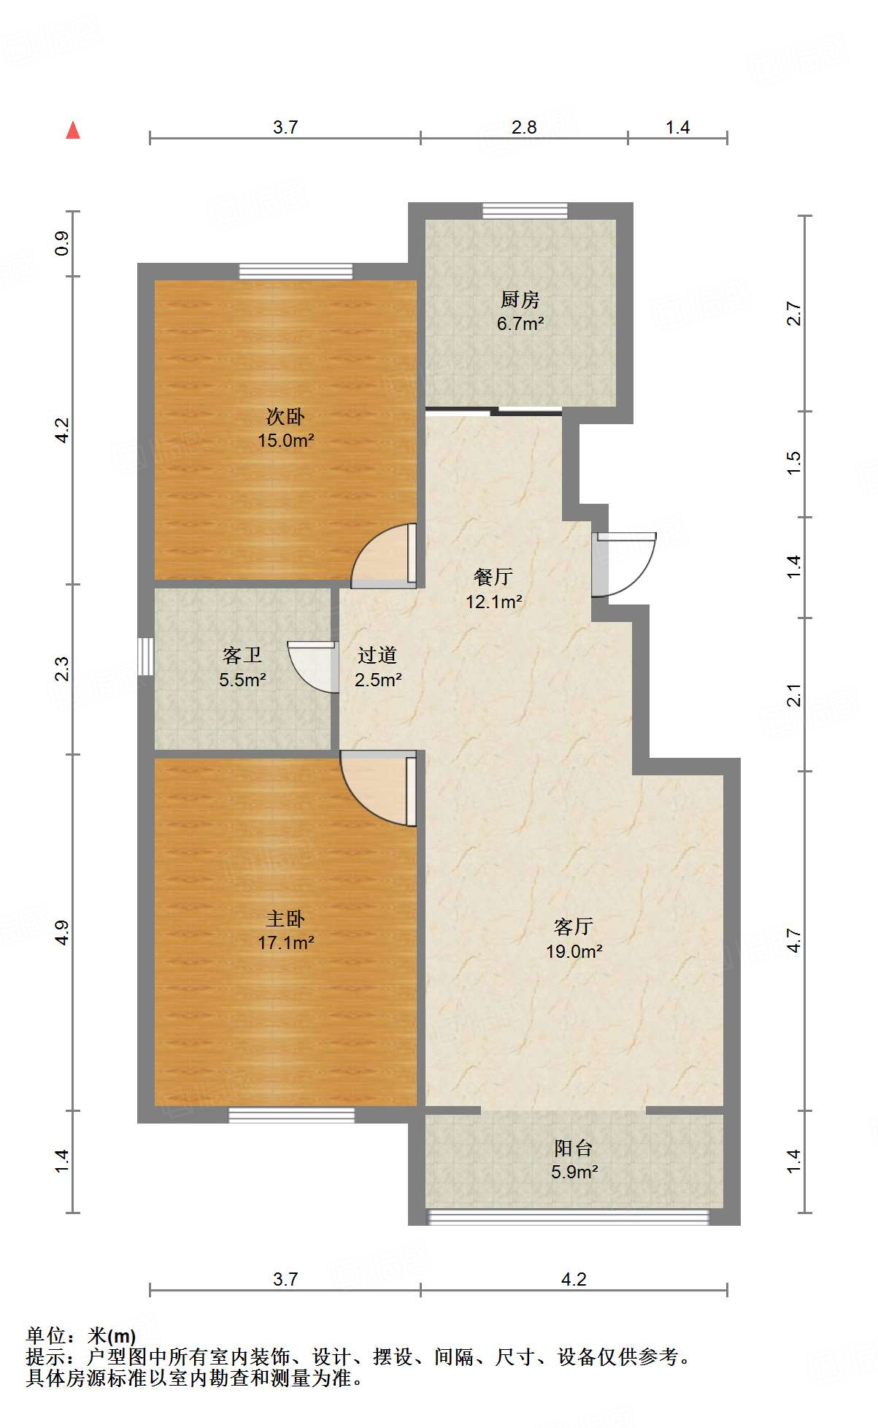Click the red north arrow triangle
pyautogui.click(x=73, y=130)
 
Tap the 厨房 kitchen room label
pyautogui.click(x=520, y=299)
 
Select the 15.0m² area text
pyautogui.click(x=285, y=440)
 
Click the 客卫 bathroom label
pyautogui.click(x=242, y=655)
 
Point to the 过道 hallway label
pyautogui.click(x=378, y=655)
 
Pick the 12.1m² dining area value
pyautogui.click(x=494, y=602)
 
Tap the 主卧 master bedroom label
pyautogui.click(x=285, y=918)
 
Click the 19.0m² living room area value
pyautogui.click(x=574, y=951)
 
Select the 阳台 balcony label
pyautogui.click(x=574, y=1148)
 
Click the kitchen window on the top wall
pyautogui.click(x=525, y=211)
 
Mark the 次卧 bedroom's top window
pyautogui.click(x=296, y=272)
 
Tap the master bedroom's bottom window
pyautogui.click(x=291, y=1115)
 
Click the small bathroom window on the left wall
pyautogui.click(x=146, y=656)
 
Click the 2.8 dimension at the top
pyautogui.click(x=524, y=127)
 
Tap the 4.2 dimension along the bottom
pyautogui.click(x=574, y=1279)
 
